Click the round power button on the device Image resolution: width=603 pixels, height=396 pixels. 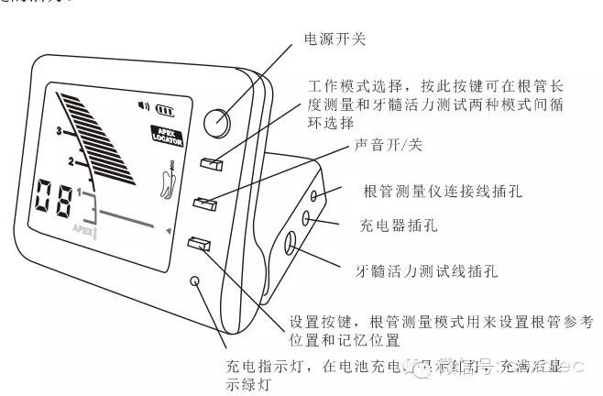217,123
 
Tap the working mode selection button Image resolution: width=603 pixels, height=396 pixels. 213,164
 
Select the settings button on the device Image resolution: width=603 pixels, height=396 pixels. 199,244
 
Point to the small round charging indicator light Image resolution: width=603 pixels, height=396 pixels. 195,280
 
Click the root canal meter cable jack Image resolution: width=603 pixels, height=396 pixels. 314,195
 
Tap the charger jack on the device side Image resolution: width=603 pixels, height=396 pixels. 306,219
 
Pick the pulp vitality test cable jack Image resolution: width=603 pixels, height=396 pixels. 292,243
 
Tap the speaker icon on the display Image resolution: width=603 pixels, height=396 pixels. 144,104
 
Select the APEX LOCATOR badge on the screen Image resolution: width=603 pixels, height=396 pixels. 168,137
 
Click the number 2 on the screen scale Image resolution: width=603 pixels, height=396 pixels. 71,162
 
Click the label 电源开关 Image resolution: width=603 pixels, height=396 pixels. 334,38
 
